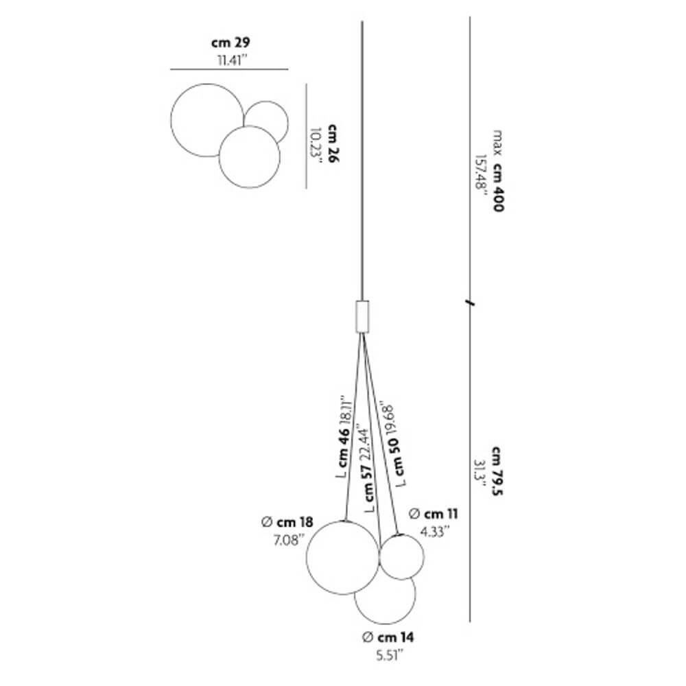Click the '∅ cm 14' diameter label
[x=388, y=637]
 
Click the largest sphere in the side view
[x=342, y=556]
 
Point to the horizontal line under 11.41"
[x=229, y=69]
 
